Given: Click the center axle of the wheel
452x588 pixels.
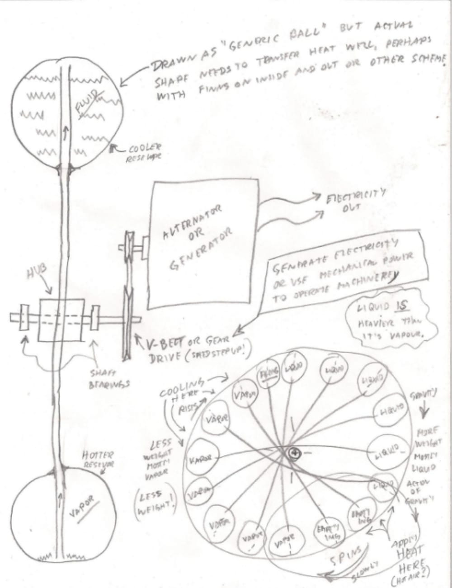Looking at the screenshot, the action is pyautogui.click(x=294, y=452).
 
